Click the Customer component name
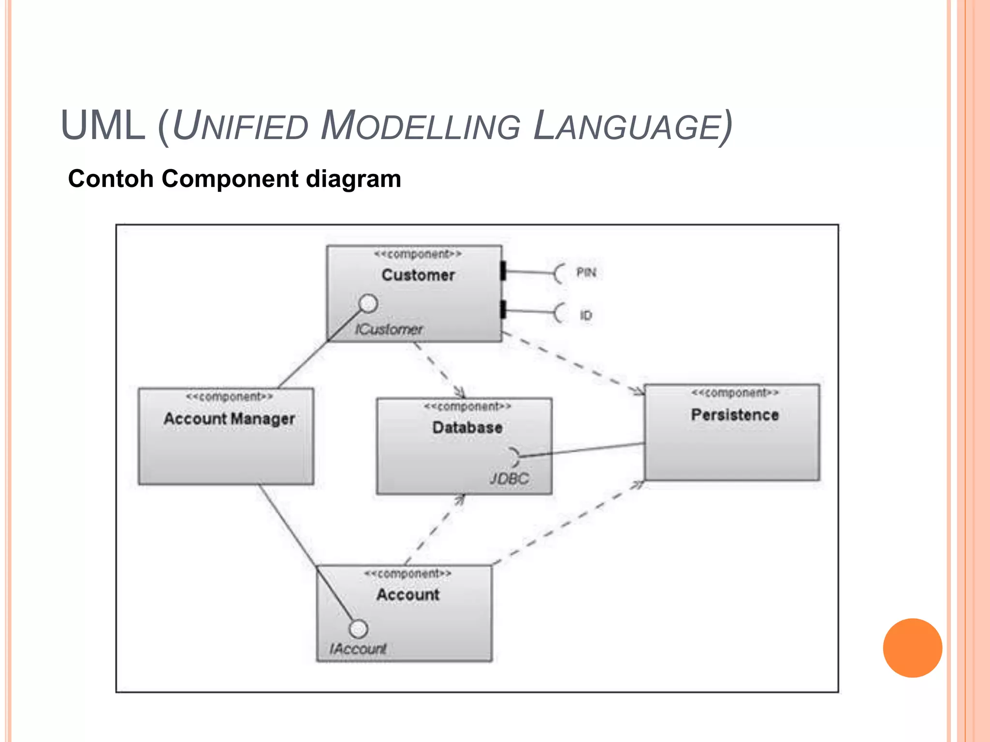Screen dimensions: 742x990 (418, 275)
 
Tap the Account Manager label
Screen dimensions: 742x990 (229, 418)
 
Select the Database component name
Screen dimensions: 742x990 (467, 428)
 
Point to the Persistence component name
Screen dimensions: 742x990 (734, 414)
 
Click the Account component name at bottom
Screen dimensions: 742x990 (408, 594)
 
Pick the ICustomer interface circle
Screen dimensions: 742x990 (368, 303)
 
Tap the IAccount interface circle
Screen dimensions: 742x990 (358, 628)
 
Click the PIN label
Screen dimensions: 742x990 (586, 273)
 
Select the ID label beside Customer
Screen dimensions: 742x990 (585, 315)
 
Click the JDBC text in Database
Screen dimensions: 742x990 (509, 479)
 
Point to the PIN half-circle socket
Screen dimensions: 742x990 (559, 274)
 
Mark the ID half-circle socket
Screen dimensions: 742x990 (559, 313)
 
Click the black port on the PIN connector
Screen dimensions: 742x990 (503, 271)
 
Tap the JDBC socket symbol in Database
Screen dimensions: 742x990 (515, 456)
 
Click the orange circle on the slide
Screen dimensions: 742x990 (912, 648)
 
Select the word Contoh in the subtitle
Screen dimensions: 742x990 (111, 179)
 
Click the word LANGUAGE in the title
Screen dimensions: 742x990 (633, 127)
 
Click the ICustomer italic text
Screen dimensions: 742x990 (389, 329)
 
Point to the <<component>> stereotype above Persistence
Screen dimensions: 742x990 (734, 393)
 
